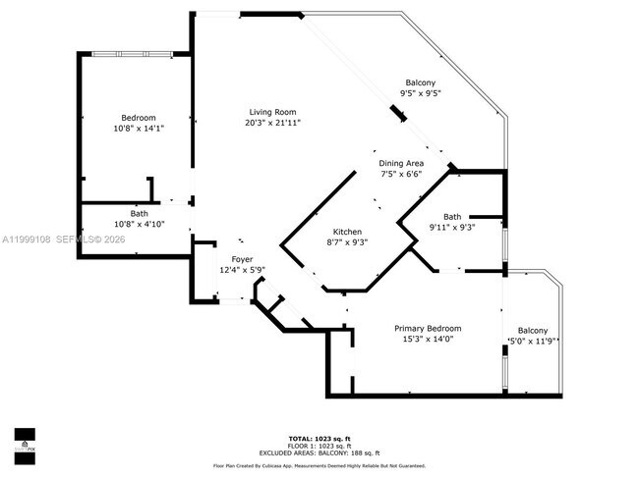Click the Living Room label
point(272,112)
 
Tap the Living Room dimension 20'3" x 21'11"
point(272,123)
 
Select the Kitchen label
point(348,232)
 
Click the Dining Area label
point(401,163)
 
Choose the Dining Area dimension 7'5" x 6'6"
point(401,174)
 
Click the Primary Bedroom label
point(428,329)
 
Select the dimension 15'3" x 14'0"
point(428,340)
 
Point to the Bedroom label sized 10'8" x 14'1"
point(139,118)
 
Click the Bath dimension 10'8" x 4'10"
point(140,224)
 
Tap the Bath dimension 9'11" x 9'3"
point(451,228)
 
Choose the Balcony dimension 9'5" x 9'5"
point(420,93)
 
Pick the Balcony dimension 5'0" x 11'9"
point(533,342)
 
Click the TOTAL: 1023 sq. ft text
point(319,437)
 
